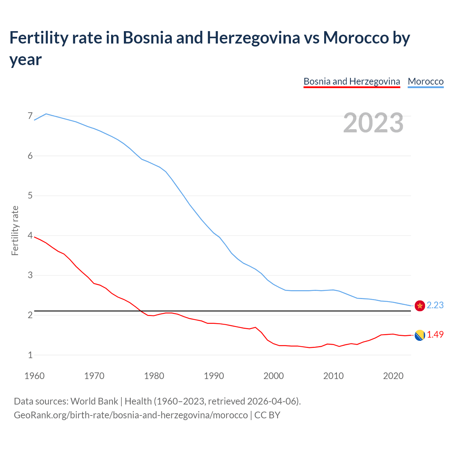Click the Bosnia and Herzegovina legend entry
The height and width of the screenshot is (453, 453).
[x=352, y=81]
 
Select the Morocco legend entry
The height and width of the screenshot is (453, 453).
[x=425, y=81]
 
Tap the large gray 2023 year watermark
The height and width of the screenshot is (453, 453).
[x=373, y=122]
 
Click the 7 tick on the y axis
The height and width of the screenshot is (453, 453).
[x=30, y=116]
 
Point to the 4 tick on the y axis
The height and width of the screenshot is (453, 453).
[x=30, y=235]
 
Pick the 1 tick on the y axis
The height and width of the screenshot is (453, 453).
[x=30, y=355]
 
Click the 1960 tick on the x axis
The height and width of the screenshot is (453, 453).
[x=34, y=375]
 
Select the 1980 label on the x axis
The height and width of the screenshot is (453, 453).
[x=154, y=375]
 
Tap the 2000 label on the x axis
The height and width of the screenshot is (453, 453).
[x=274, y=375]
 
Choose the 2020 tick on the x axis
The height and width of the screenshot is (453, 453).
[x=393, y=375]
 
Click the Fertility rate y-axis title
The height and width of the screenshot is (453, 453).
[x=15, y=230]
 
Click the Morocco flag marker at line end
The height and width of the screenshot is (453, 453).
[x=420, y=305]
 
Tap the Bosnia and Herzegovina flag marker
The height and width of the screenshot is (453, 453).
[x=420, y=335]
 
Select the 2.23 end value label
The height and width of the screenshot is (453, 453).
[x=435, y=305]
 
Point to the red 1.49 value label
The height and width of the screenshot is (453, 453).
[x=435, y=334]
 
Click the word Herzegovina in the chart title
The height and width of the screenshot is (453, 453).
[x=253, y=38]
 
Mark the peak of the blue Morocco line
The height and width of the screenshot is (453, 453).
[x=46, y=114]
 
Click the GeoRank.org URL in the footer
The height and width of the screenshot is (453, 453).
[x=131, y=415]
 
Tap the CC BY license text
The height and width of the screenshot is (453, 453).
[x=267, y=415]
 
